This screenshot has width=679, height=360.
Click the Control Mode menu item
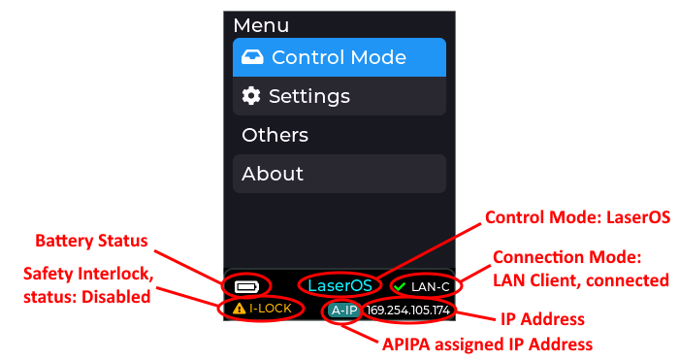pyautogui.click(x=339, y=57)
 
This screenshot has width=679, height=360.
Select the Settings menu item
pyautogui.click(x=339, y=96)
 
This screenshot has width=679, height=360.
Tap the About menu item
pyautogui.click(x=339, y=174)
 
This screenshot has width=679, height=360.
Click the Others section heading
pyautogui.click(x=275, y=135)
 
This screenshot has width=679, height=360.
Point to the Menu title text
pyautogui.click(x=261, y=25)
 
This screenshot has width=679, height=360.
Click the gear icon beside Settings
pyautogui.click(x=251, y=96)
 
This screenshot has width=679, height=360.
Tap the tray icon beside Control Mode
pyautogui.click(x=252, y=57)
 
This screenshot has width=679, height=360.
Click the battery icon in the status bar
pyautogui.click(x=246, y=287)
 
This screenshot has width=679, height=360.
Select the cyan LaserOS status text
pyautogui.click(x=339, y=285)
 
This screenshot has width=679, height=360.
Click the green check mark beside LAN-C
pyautogui.click(x=400, y=287)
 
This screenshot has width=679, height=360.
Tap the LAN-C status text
pyautogui.click(x=431, y=287)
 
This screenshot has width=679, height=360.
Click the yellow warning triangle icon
pyautogui.click(x=239, y=309)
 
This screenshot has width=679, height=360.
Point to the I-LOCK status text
pyautogui.click(x=271, y=309)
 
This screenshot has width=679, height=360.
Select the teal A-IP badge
pyautogui.click(x=344, y=311)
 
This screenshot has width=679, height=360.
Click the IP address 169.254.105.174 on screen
pyautogui.click(x=408, y=311)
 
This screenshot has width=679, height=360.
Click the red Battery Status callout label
pyautogui.click(x=91, y=241)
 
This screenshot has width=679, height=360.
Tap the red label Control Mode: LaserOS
pyautogui.click(x=578, y=217)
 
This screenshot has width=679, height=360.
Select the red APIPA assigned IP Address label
pyautogui.click(x=488, y=344)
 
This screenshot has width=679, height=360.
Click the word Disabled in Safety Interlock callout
pyautogui.click(x=116, y=297)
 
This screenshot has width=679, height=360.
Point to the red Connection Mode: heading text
pyautogui.click(x=567, y=257)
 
